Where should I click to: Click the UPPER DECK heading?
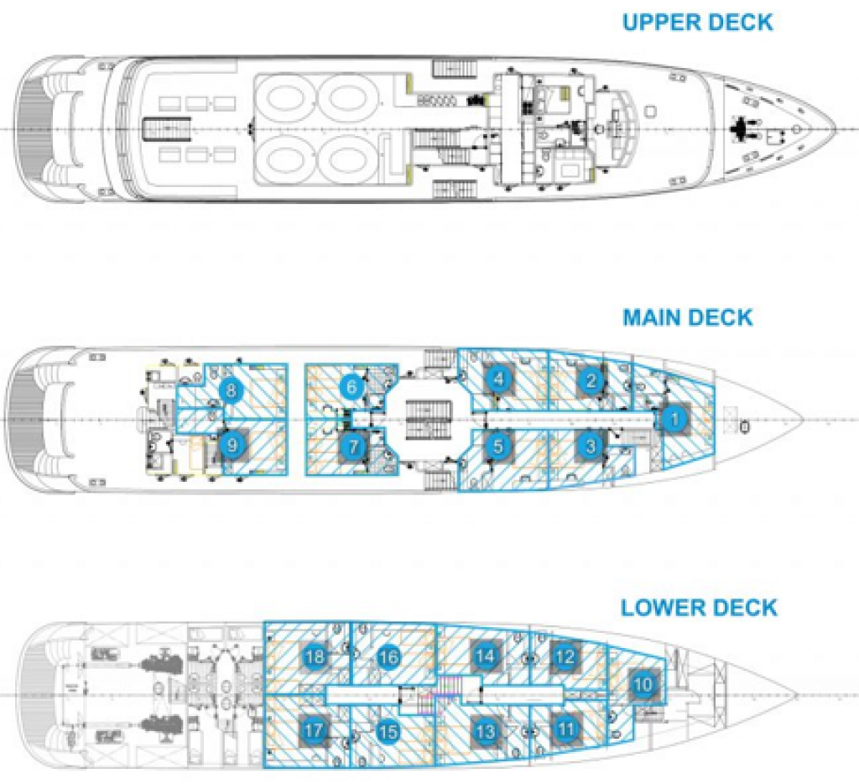click(697, 21)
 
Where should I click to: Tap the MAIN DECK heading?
click(687, 317)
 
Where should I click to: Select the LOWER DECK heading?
click(699, 607)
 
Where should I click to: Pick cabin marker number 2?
click(592, 381)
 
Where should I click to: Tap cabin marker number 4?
click(499, 379)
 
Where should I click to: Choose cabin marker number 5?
click(498, 446)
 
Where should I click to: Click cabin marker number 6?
click(353, 387)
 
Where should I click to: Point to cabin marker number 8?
click(230, 389)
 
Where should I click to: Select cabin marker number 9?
click(232, 446)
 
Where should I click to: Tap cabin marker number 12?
click(566, 656)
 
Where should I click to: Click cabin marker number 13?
click(485, 730)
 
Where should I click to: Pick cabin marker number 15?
click(387, 732)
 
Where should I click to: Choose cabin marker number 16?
click(388, 656)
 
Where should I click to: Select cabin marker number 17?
click(314, 731)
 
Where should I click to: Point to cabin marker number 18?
click(315, 656)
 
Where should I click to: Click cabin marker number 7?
click(353, 447)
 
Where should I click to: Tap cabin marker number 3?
click(591, 446)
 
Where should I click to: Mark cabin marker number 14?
click(484, 656)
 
